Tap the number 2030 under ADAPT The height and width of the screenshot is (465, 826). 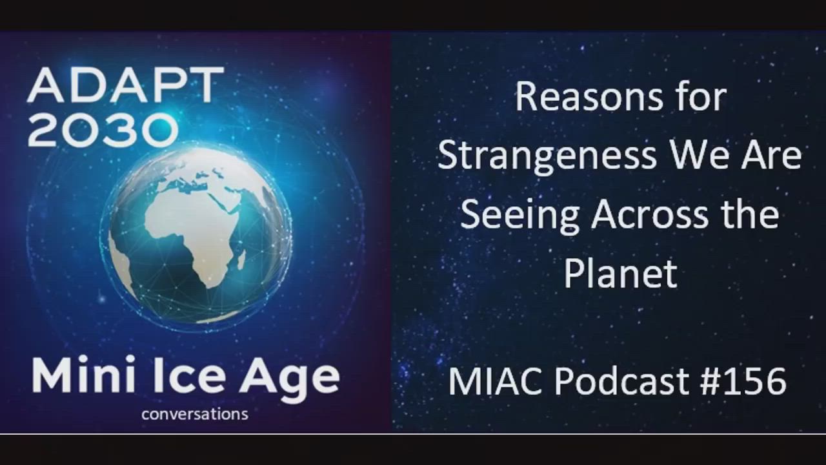(103, 130)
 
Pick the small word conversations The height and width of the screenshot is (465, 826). (195, 414)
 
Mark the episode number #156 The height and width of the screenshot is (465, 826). (743, 381)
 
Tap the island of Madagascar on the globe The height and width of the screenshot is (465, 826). (241, 260)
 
